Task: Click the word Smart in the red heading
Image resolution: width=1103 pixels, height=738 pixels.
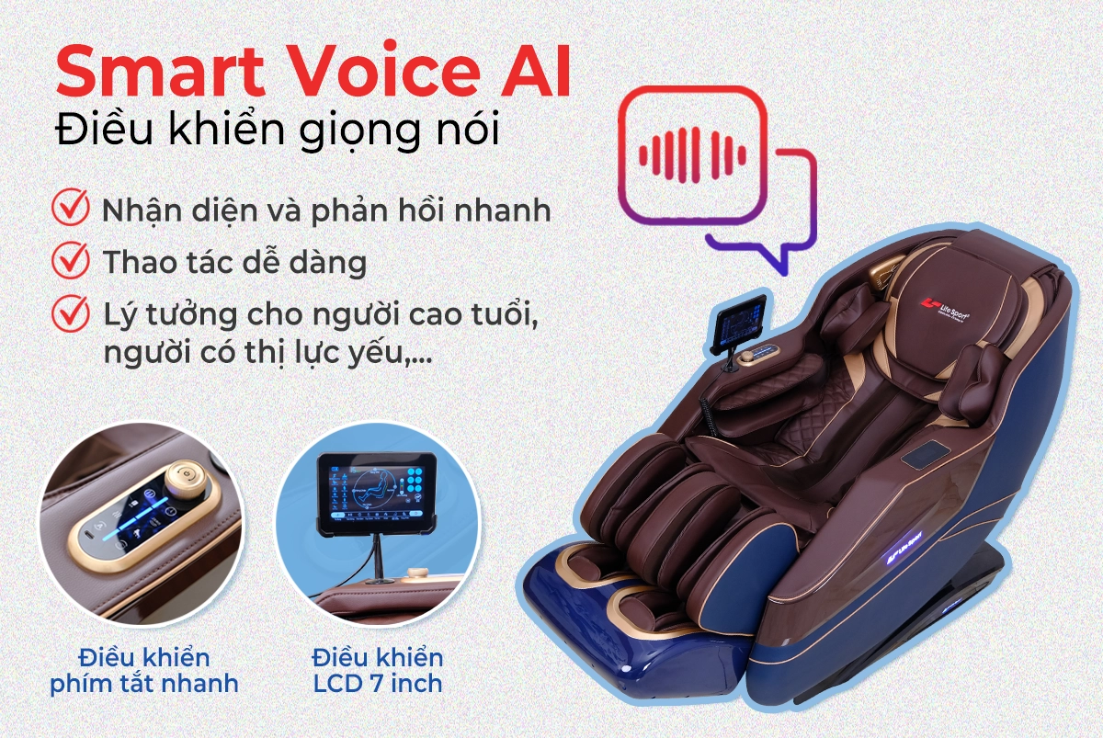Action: [161, 72]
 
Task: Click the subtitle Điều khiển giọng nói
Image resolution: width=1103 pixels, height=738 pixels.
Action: [278, 129]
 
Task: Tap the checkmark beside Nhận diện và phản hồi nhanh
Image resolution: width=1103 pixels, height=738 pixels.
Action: [71, 208]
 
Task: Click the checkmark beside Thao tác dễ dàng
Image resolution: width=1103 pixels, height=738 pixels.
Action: [71, 260]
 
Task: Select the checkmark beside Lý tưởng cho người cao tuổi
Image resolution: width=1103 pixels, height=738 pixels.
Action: [71, 313]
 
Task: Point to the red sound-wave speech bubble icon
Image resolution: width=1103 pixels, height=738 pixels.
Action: [717, 179]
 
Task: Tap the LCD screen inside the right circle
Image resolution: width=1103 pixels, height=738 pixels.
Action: [377, 493]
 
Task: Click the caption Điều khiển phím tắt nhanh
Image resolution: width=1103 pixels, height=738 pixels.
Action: [144, 671]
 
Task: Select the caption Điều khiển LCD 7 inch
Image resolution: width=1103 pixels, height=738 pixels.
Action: [378, 671]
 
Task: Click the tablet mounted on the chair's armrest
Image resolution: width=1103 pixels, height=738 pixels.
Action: [740, 324]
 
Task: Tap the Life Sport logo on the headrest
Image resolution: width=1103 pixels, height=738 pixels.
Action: [946, 309]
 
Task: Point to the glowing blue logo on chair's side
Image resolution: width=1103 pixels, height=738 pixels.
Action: [904, 550]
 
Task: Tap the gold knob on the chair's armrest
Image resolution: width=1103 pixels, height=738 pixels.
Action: [748, 357]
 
